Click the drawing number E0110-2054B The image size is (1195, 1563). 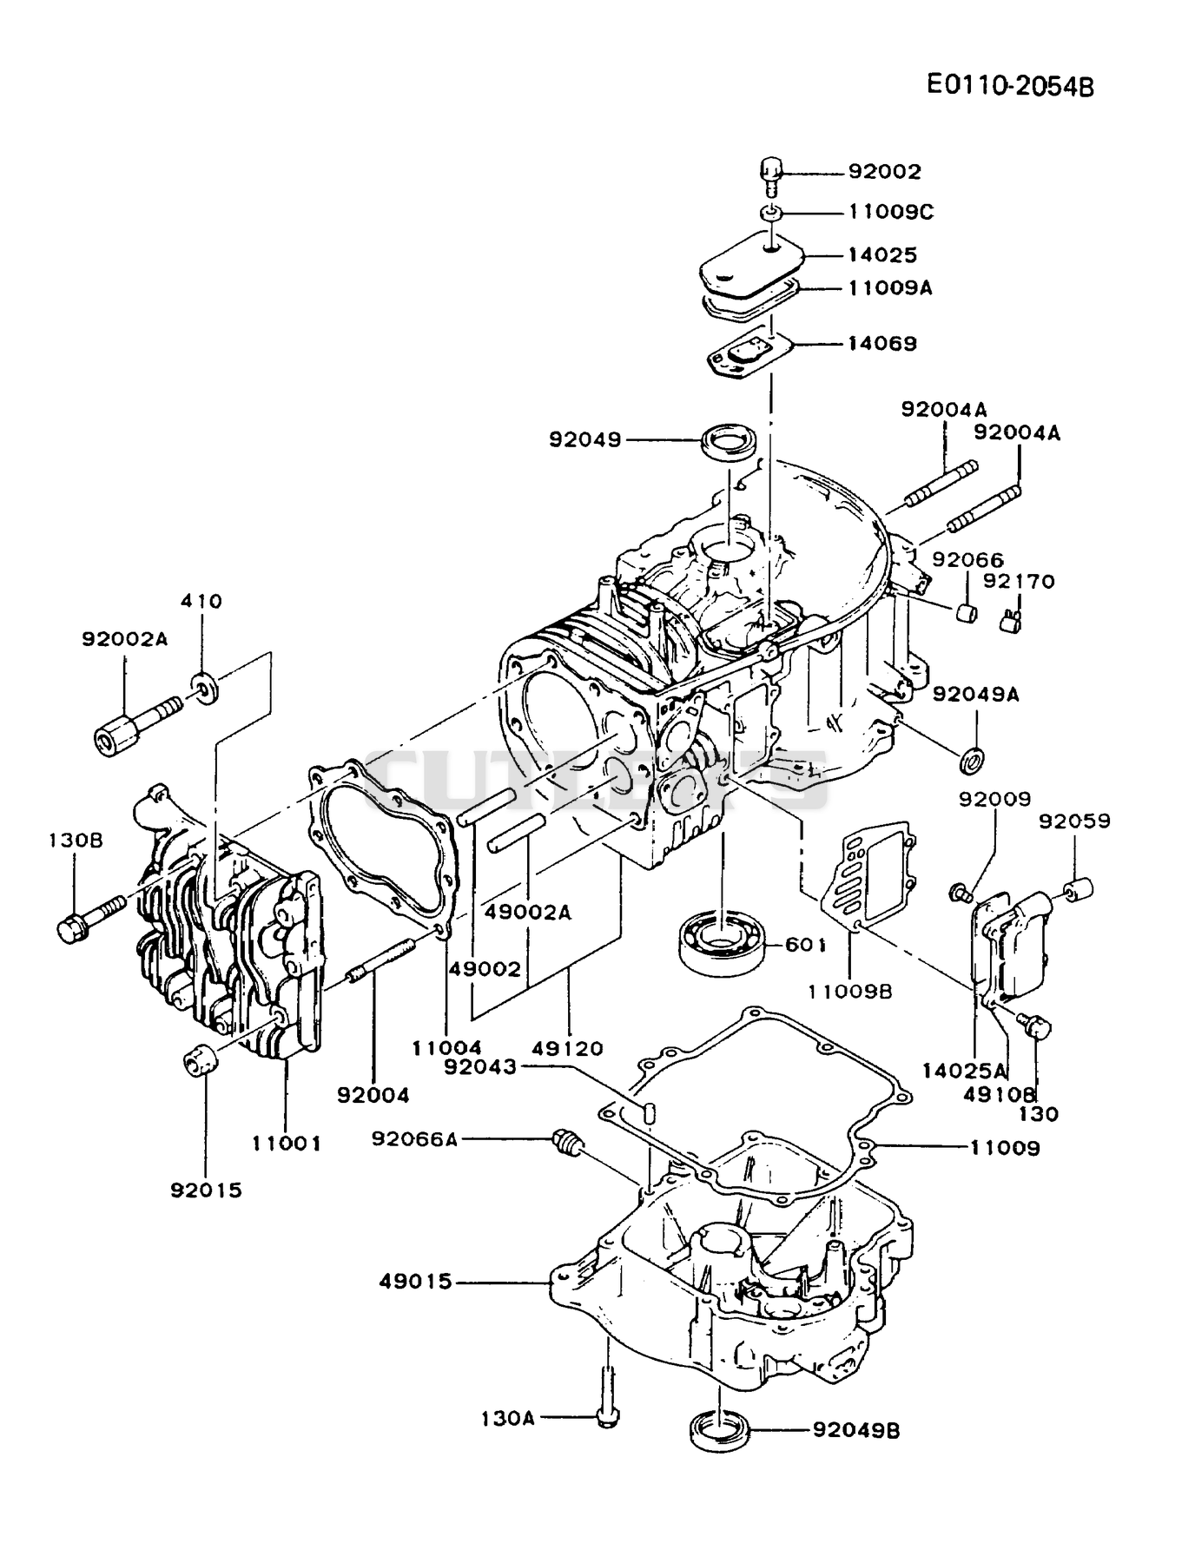(1010, 85)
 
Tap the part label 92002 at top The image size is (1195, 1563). (884, 172)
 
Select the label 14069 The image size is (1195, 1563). (882, 344)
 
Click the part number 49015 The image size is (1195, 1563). (415, 1282)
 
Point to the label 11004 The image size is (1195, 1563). (446, 1049)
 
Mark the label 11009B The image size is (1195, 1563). (849, 991)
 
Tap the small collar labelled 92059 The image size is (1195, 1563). (1078, 890)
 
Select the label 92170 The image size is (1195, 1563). (1020, 581)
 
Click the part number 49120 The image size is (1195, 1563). (569, 1049)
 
